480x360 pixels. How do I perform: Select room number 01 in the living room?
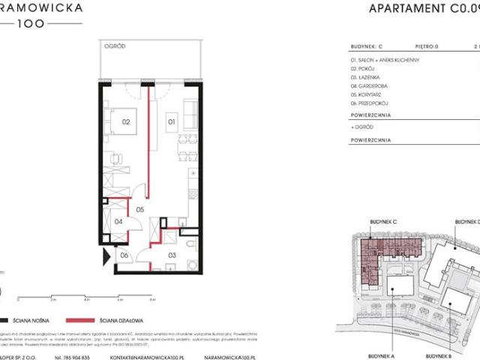pyautogui.click(x=171, y=120)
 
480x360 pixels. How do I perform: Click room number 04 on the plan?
pyautogui.click(x=118, y=221)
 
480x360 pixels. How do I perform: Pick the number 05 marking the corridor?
pyautogui.click(x=139, y=211)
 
